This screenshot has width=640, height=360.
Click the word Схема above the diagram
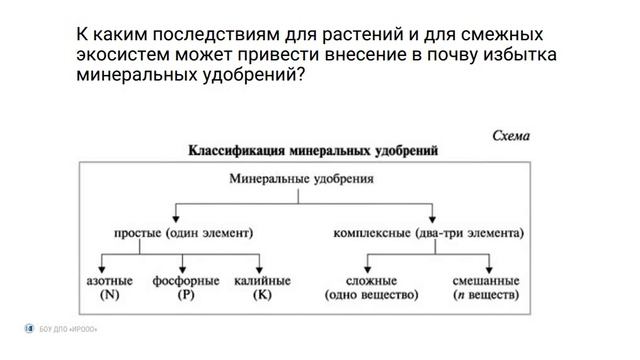(511, 135)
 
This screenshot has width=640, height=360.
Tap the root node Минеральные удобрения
(301, 180)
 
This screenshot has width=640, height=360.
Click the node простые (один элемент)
(177, 234)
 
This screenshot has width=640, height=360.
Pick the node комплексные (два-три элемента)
(428, 234)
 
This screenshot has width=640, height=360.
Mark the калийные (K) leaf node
(262, 288)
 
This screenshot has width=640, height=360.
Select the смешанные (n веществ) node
(485, 288)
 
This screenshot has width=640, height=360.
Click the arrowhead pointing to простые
(177, 215)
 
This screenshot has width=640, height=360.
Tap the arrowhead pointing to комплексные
(431, 215)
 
